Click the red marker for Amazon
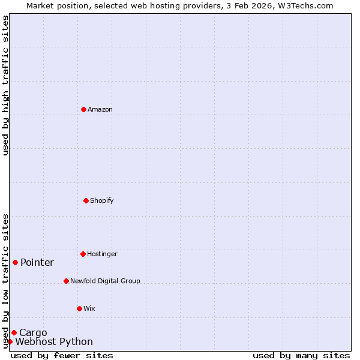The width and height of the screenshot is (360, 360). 83,109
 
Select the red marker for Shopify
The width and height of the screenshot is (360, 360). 86,200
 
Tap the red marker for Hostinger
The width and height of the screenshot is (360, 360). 83,254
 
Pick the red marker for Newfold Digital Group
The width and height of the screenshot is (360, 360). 66,281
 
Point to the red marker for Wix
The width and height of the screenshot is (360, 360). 79,308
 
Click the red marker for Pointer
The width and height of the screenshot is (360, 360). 15,262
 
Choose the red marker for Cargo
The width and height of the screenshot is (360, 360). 14,332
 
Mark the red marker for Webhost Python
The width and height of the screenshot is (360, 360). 10,341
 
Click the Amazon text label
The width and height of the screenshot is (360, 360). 100,109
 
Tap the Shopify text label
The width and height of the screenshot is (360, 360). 102,200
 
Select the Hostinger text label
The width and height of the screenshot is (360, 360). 102,254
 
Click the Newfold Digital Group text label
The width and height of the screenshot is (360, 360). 105,281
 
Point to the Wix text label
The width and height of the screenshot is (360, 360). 89,308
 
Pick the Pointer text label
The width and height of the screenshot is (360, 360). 37,262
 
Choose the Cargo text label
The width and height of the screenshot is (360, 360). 33,332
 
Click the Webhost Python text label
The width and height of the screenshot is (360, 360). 54,341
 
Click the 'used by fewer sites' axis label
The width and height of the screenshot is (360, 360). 62,355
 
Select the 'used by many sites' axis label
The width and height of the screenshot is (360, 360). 301,355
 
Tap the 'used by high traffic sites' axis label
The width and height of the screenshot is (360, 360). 5,85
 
